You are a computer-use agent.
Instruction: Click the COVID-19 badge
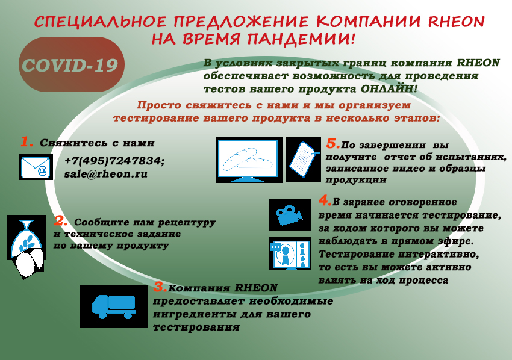(x=72, y=64)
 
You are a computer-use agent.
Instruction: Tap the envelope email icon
(x=36, y=167)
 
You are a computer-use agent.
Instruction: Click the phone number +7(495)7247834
(x=114, y=161)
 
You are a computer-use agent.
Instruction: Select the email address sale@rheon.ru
(x=106, y=174)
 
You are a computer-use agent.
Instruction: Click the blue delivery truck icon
(x=114, y=306)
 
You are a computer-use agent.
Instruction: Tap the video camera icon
(x=290, y=215)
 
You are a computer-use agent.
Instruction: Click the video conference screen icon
(x=290, y=253)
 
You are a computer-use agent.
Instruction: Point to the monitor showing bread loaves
(x=249, y=160)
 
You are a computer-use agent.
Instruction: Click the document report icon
(x=304, y=160)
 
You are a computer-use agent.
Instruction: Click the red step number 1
(x=27, y=142)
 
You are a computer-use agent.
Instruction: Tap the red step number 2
(x=61, y=221)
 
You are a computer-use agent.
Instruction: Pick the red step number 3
(x=160, y=287)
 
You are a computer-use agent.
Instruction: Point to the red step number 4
(x=325, y=200)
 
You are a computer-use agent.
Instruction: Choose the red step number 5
(x=333, y=143)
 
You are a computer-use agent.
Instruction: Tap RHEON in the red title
(x=456, y=22)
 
